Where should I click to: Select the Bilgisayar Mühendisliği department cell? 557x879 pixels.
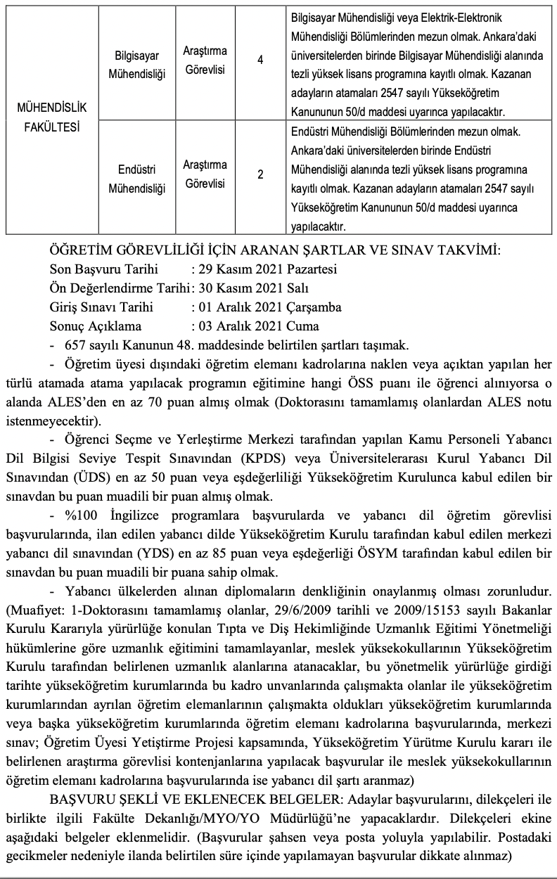(138, 65)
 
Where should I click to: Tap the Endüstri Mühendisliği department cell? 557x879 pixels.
(137, 179)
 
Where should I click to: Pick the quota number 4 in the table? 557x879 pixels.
(260, 60)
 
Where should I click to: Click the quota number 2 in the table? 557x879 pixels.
(260, 175)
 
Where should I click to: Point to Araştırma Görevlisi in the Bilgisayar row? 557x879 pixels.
(205, 60)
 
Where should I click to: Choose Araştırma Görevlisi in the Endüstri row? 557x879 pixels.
(205, 174)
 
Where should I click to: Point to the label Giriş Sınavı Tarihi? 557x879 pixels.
(101, 307)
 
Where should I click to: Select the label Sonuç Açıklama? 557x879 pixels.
(96, 326)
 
